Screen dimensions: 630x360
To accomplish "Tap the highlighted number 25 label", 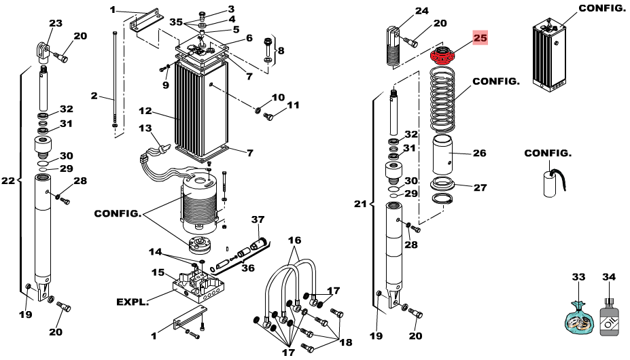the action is pos(480,38).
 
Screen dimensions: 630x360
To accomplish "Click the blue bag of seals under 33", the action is pos(580,319).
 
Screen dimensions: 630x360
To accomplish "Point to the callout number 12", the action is pos(145,111).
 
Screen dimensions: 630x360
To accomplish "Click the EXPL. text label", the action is pos(133,302).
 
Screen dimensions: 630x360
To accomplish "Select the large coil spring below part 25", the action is pos(442,100).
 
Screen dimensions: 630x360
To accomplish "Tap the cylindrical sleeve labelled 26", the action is pos(442,155).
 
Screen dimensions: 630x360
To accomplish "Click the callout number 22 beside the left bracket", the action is pos(7,181).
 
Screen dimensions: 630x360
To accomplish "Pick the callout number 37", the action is pos(258,219).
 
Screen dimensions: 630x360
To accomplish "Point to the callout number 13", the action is pos(145,128).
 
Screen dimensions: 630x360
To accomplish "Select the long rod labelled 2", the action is pos(115,80).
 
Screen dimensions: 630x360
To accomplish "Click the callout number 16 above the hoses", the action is pos(294,240).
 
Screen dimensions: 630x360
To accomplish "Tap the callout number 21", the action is pos(360,204).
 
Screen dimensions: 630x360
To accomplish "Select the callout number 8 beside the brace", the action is pos(281,51).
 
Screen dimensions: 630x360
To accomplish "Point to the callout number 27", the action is pos(480,187).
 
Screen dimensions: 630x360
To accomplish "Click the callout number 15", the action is pos(158,272).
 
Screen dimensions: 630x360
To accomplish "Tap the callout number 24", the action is pos(421,11).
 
